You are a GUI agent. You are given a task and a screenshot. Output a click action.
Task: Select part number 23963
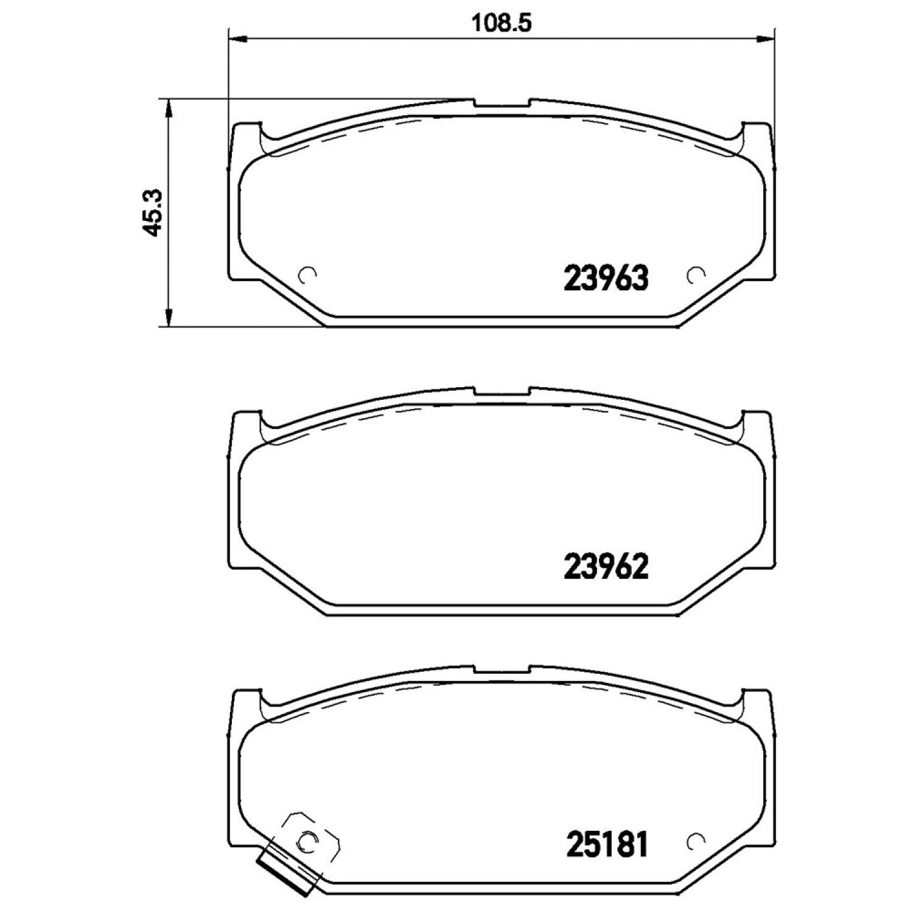click(607, 279)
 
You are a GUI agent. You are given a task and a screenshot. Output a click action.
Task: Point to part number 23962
click(607, 567)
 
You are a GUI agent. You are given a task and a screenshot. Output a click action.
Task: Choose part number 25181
click(607, 845)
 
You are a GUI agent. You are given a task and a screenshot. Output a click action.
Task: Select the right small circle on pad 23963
click(694, 276)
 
